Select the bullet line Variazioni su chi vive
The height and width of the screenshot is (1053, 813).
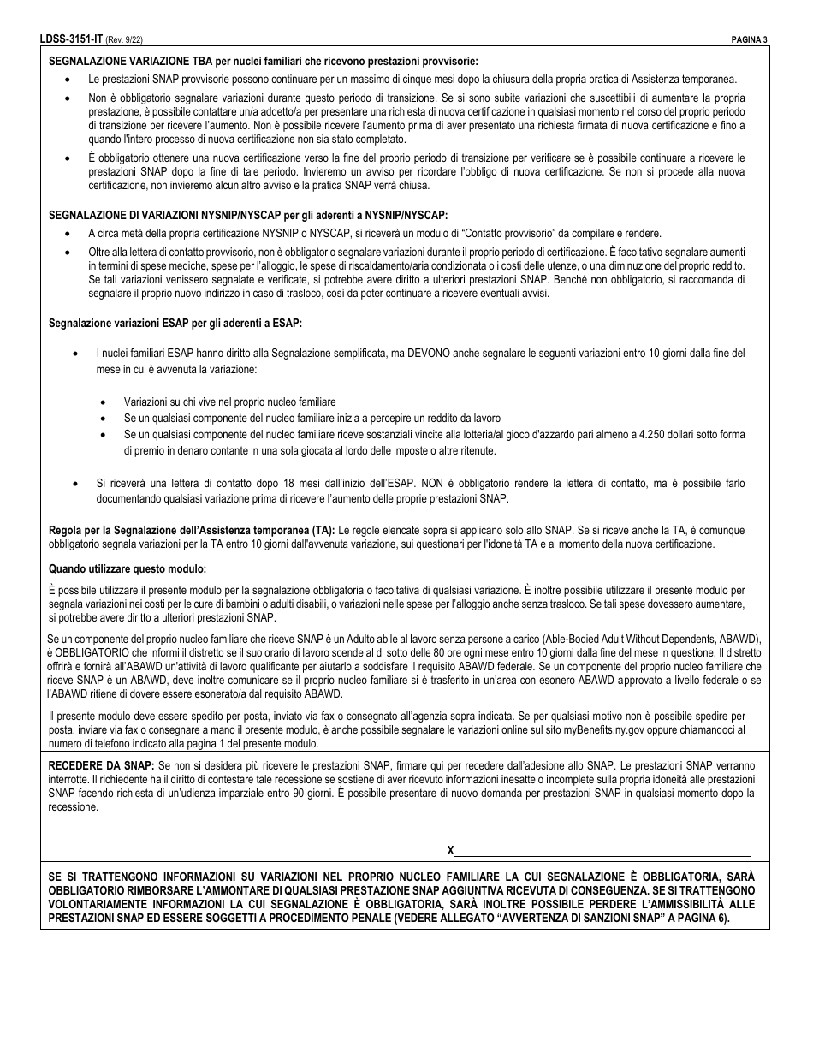pos(229,402)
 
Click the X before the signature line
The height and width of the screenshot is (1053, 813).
pos(451,850)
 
